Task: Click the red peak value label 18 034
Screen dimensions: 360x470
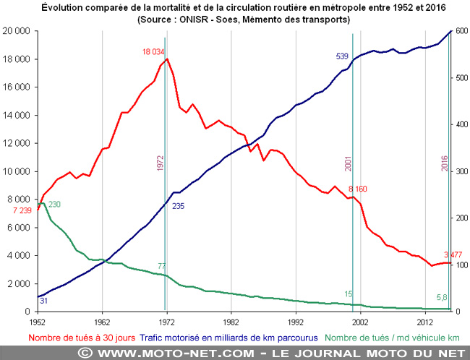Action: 156,51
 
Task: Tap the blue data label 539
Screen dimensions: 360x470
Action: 343,56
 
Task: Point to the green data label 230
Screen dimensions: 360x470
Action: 54,205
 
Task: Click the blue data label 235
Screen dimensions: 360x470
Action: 179,206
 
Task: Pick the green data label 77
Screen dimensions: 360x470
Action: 163,267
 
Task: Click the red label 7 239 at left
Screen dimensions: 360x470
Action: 22,210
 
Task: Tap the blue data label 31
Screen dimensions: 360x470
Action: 43,300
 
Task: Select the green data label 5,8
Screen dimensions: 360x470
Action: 444,297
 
